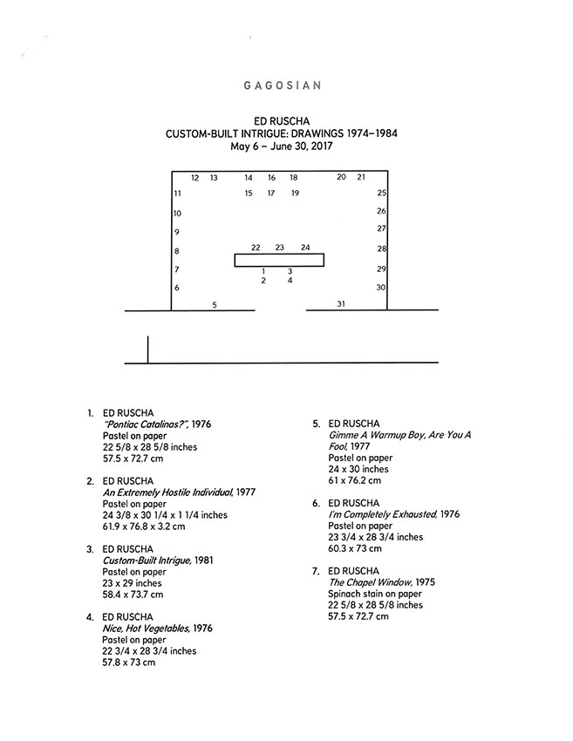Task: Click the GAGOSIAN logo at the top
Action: pos(283,85)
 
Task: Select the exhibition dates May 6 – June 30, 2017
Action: pos(282,146)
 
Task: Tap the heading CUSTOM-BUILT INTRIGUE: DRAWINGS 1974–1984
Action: pos(282,133)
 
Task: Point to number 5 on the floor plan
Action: pos(215,305)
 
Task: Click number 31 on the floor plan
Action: pos(341,304)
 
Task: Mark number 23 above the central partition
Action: pos(279,248)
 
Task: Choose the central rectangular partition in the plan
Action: pos(279,260)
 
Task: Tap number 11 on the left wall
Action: pos(177,193)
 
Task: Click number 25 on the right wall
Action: pos(381,193)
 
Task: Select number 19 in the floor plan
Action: pos(295,193)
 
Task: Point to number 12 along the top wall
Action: pos(194,178)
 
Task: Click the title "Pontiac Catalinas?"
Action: pos(147,425)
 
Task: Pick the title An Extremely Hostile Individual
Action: pos(167,493)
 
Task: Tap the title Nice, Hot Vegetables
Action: pos(147,629)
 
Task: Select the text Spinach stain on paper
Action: pos(375,594)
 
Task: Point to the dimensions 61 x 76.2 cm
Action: pos(355,480)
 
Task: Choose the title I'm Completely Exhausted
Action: pos(383,514)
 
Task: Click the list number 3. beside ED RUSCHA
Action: pos(90,549)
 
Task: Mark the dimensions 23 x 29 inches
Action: pos(132,583)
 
